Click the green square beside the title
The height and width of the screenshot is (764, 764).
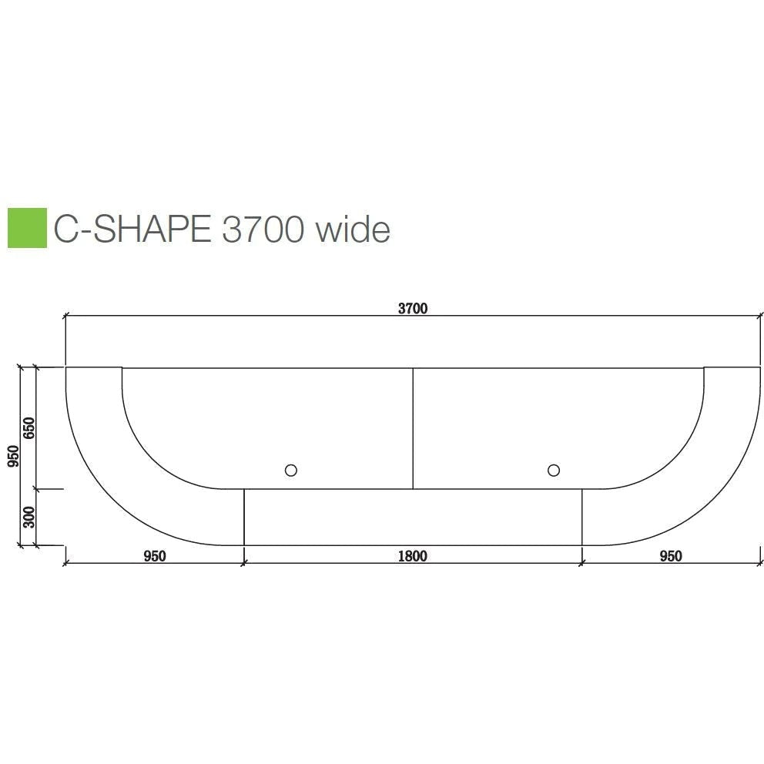pos(26,227)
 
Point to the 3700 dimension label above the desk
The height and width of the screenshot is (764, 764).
pos(412,308)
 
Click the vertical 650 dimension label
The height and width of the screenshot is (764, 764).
pos(29,428)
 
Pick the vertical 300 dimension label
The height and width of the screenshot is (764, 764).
pos(29,517)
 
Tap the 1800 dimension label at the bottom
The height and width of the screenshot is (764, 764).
pos(412,556)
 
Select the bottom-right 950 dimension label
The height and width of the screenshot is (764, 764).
pos(670,556)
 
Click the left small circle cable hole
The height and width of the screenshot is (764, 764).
pos(290,470)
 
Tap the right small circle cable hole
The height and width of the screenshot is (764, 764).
pos(553,470)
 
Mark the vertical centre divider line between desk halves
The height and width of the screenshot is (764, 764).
pos(413,428)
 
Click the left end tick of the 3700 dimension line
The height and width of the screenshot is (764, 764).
pos(65,315)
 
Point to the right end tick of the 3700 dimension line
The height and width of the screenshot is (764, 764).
pos(759,315)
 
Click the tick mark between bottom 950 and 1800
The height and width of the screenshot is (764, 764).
pos(243,563)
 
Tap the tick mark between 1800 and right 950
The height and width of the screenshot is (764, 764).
pos(581,563)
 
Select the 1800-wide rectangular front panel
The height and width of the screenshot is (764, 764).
pos(412,517)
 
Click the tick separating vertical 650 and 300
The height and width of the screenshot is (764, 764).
pos(36,488)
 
